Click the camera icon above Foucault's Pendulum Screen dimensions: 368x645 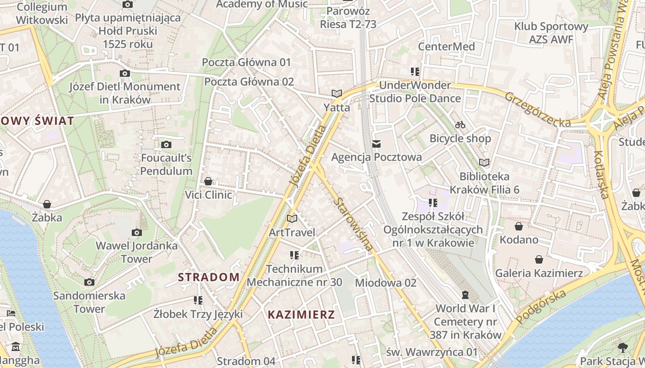click(x=166, y=145)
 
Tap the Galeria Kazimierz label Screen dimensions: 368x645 click(x=539, y=273)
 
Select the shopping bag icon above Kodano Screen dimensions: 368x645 click(x=519, y=226)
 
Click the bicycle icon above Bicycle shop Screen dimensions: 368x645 click(x=460, y=125)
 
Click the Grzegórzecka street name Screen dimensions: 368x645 click(x=537, y=109)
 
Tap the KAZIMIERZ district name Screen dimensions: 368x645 click(x=301, y=315)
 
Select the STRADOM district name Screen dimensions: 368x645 click(x=209, y=277)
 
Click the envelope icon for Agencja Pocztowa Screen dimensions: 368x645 click(x=377, y=144)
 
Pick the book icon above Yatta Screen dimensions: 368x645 click(x=337, y=94)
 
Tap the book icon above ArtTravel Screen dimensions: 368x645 click(x=292, y=218)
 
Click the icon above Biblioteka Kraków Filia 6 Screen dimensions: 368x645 click(x=484, y=162)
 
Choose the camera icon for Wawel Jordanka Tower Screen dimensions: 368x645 click(x=136, y=232)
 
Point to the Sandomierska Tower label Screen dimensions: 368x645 click(x=89, y=302)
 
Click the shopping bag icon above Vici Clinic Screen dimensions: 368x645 click(x=208, y=181)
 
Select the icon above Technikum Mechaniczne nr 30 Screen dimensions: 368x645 click(x=294, y=255)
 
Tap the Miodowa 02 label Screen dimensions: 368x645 click(x=386, y=282)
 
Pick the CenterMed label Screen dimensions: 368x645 click(x=446, y=46)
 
